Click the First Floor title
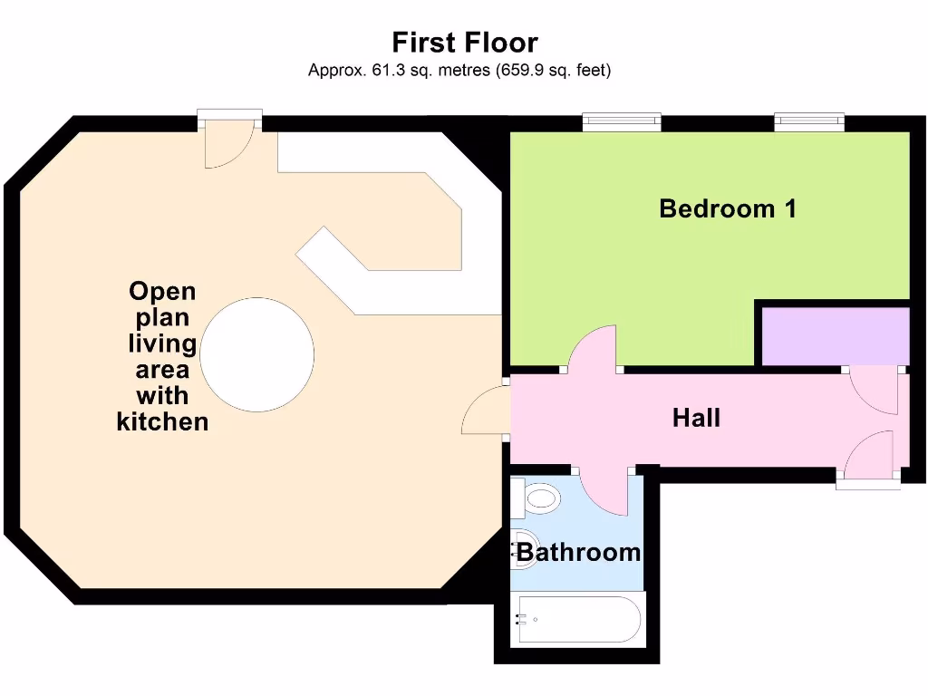(464, 43)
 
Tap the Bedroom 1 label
(728, 208)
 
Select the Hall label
(696, 418)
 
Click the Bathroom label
(578, 552)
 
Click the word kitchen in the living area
(162, 421)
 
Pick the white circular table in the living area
(256, 354)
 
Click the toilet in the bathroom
(536, 498)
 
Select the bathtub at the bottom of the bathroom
(578, 620)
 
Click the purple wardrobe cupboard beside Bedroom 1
(834, 335)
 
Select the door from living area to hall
(486, 411)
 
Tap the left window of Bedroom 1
(621, 121)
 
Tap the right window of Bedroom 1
(808, 121)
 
